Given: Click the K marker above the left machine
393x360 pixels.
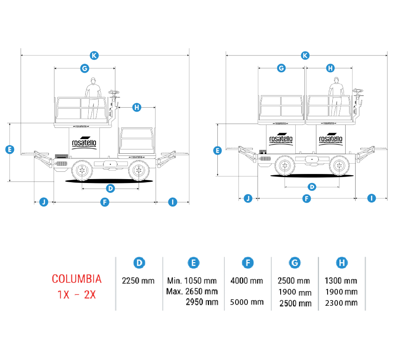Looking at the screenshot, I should pos(94,55).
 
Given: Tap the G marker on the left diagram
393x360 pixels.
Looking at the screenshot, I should pos(84,68).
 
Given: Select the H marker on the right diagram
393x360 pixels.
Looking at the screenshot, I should pos(330,68).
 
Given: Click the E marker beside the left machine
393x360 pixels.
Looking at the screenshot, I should pos(9,150).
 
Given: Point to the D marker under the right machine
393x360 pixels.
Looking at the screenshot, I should pos(312,186).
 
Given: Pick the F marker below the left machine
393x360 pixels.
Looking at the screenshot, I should pos(104,202).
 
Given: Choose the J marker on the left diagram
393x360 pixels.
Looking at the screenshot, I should pos(43,202).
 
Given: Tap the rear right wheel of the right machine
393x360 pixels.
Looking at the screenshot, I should pos(339,165).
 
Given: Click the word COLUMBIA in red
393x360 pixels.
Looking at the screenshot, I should pos(77,279).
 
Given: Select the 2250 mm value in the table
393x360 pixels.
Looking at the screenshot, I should pos(138,281).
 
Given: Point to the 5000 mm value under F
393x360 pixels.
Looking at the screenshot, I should pos(247,302).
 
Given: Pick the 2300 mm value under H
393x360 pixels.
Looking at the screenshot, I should pos(341,303).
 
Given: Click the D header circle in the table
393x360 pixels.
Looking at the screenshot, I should pos(139,263).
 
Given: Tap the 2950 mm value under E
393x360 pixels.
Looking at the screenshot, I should pos(201,302).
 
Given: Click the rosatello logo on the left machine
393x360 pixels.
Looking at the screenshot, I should pos(85,143).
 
